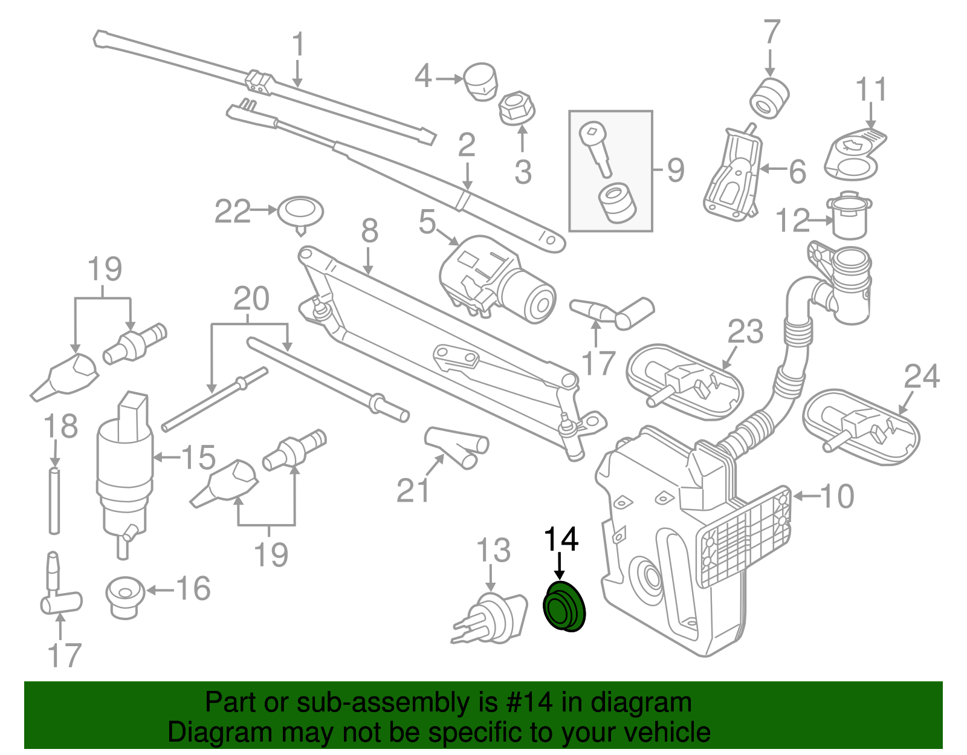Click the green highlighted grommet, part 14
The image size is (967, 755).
pyautogui.click(x=564, y=608)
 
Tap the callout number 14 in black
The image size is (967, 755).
pyautogui.click(x=561, y=539)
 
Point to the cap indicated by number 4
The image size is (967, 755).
pyautogui.click(x=481, y=82)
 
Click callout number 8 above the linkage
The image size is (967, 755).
pyautogui.click(x=369, y=231)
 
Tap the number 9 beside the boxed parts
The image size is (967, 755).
pyautogui.click(x=676, y=170)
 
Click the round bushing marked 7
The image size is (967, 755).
pyautogui.click(x=769, y=98)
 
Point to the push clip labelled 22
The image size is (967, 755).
pyautogui.click(x=300, y=213)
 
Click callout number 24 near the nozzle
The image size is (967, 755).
pyautogui.click(x=922, y=377)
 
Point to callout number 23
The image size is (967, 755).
pyautogui.click(x=745, y=332)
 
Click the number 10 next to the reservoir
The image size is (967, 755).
pyautogui.click(x=837, y=496)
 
